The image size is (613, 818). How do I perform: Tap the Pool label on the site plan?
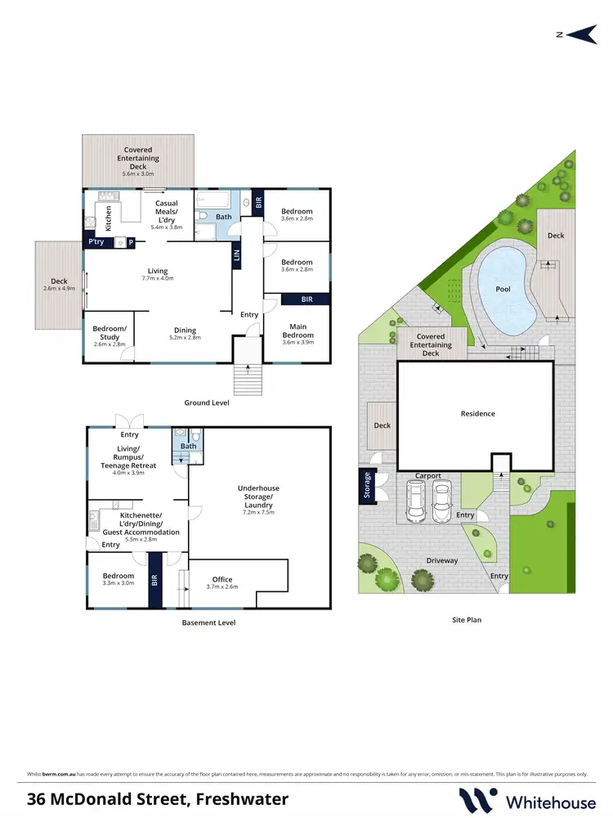pos(503,290)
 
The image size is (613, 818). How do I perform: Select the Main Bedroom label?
pos(298,330)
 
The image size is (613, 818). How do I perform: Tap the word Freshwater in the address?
pos(236,798)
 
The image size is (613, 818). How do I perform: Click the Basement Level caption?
pos(208,622)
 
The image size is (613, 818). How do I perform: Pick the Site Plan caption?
pos(466,620)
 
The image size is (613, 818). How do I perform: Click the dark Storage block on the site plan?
pos(366,484)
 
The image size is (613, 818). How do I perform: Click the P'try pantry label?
pos(96,242)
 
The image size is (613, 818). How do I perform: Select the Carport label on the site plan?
pos(427,475)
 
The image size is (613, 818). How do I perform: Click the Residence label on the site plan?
pos(477,414)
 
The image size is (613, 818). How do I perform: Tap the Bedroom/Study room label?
pos(109,332)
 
